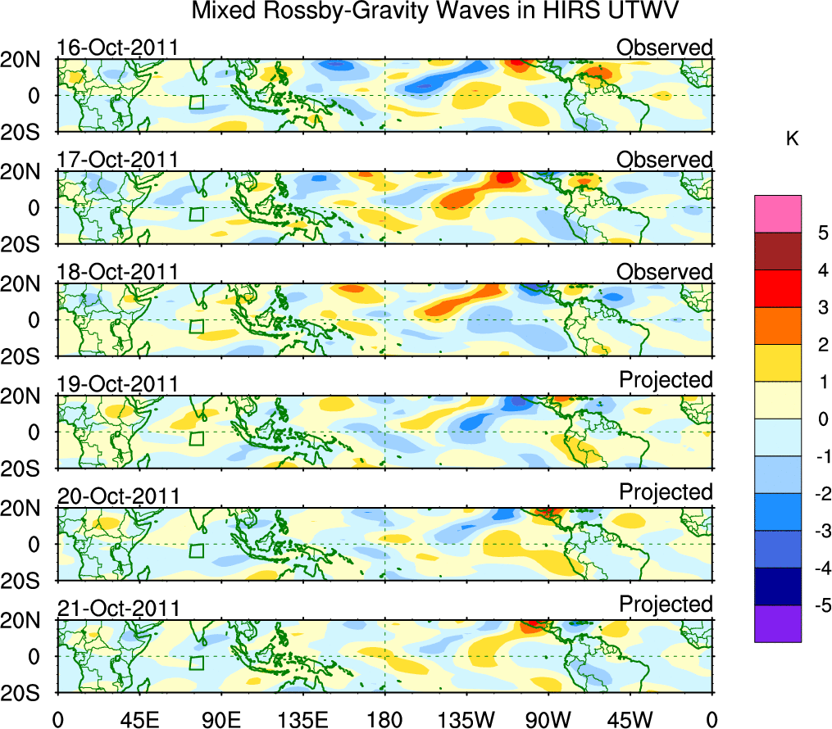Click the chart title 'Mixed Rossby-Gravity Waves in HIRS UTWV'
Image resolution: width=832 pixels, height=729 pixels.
(x=435, y=11)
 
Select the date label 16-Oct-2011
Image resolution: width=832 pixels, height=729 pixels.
(x=117, y=48)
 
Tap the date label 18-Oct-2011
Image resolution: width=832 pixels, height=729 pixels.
(x=117, y=272)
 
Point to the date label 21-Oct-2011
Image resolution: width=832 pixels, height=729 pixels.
(x=117, y=609)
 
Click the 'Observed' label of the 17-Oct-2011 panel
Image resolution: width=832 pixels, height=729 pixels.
(x=664, y=160)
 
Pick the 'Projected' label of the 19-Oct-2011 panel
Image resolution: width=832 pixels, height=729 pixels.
(x=666, y=380)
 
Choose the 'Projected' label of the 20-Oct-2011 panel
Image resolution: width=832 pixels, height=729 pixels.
(x=666, y=492)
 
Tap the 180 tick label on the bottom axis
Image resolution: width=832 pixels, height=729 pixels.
(x=384, y=718)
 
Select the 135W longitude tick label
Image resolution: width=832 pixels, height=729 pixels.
(x=466, y=718)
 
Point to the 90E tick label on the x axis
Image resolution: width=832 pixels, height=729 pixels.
(x=220, y=718)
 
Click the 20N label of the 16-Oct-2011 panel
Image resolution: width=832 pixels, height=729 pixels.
(x=28, y=60)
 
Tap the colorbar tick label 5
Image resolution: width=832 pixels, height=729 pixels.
(x=821, y=233)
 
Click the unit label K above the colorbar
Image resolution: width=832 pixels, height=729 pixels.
(x=793, y=140)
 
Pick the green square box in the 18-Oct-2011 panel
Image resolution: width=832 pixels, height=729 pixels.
(x=196, y=326)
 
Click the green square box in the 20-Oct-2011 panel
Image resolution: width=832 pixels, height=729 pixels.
(x=196, y=550)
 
